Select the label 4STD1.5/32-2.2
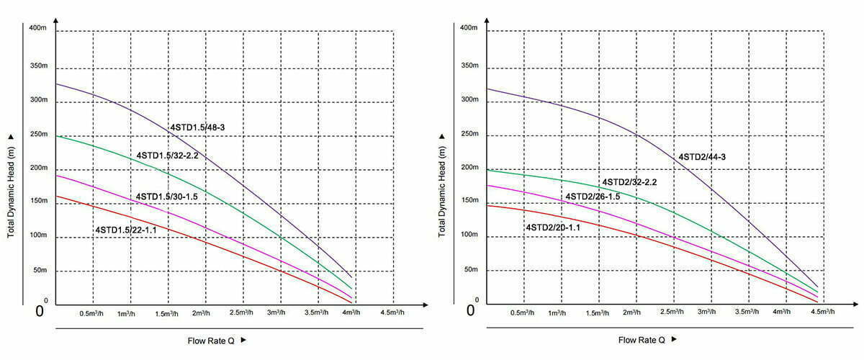(167, 155)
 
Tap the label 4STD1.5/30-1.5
(167, 197)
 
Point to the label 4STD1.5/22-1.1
(127, 230)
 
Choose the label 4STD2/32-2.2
(629, 182)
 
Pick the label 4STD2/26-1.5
(593, 197)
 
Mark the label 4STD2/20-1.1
(553, 228)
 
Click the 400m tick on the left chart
(39, 28)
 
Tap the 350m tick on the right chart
(469, 66)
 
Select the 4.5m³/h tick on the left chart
(392, 313)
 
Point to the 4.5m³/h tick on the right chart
(822, 312)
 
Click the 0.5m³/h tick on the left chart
(92, 313)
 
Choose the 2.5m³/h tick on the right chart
(671, 312)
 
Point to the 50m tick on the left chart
(41, 271)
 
